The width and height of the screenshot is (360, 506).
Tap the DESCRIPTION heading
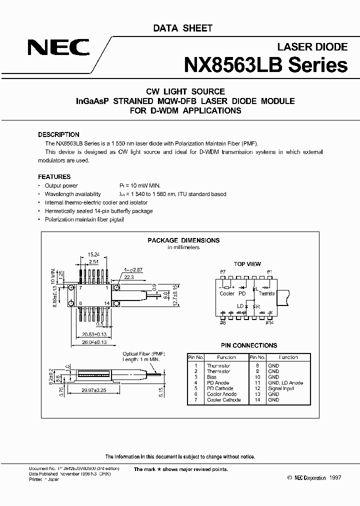tap(58, 134)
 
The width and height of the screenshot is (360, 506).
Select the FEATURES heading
tap(54, 176)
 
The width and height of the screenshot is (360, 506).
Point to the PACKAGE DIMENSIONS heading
tap(183, 240)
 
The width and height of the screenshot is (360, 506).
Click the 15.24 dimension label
tap(93, 254)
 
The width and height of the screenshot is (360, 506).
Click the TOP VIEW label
tap(247, 264)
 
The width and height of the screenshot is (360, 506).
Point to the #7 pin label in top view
tap(223, 271)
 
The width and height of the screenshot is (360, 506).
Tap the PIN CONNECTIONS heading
tap(248, 345)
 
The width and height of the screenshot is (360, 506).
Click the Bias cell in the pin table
tap(212, 377)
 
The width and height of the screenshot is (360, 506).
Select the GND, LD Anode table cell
tap(285, 382)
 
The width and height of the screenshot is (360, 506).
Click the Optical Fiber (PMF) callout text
tap(144, 353)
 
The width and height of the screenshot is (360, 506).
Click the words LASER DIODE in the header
tap(312, 46)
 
